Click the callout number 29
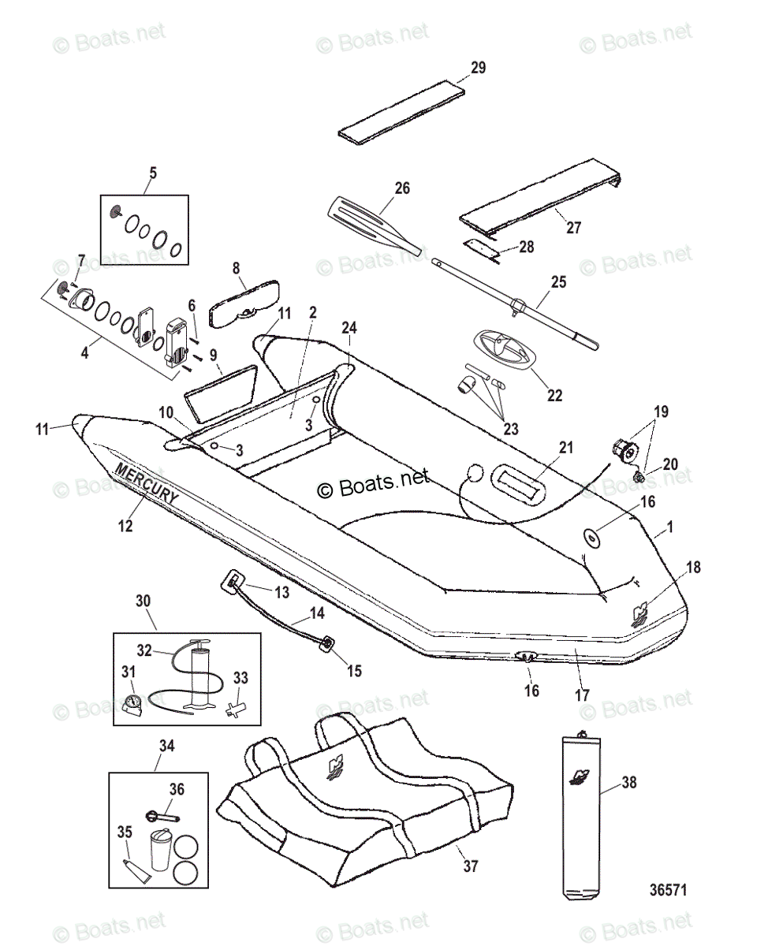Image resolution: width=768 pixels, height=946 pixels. coord(479,68)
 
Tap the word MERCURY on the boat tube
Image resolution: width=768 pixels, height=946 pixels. coord(147,483)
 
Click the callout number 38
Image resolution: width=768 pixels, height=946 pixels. coord(628,783)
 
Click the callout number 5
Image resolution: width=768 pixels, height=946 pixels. coord(153,173)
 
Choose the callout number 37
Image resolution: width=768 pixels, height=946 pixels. coord(471,866)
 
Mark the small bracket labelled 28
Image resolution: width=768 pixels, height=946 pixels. coord(479,249)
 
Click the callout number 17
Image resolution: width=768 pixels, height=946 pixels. coord(582,696)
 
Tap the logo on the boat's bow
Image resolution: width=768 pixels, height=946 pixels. coord(643,613)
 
